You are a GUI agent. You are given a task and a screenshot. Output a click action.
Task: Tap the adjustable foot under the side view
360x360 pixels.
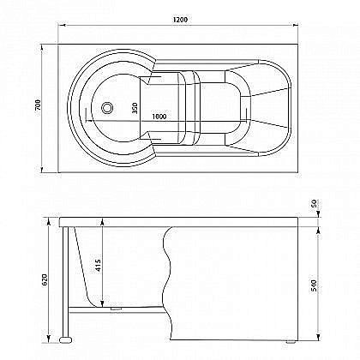pyautogui.click(x=67, y=340)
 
